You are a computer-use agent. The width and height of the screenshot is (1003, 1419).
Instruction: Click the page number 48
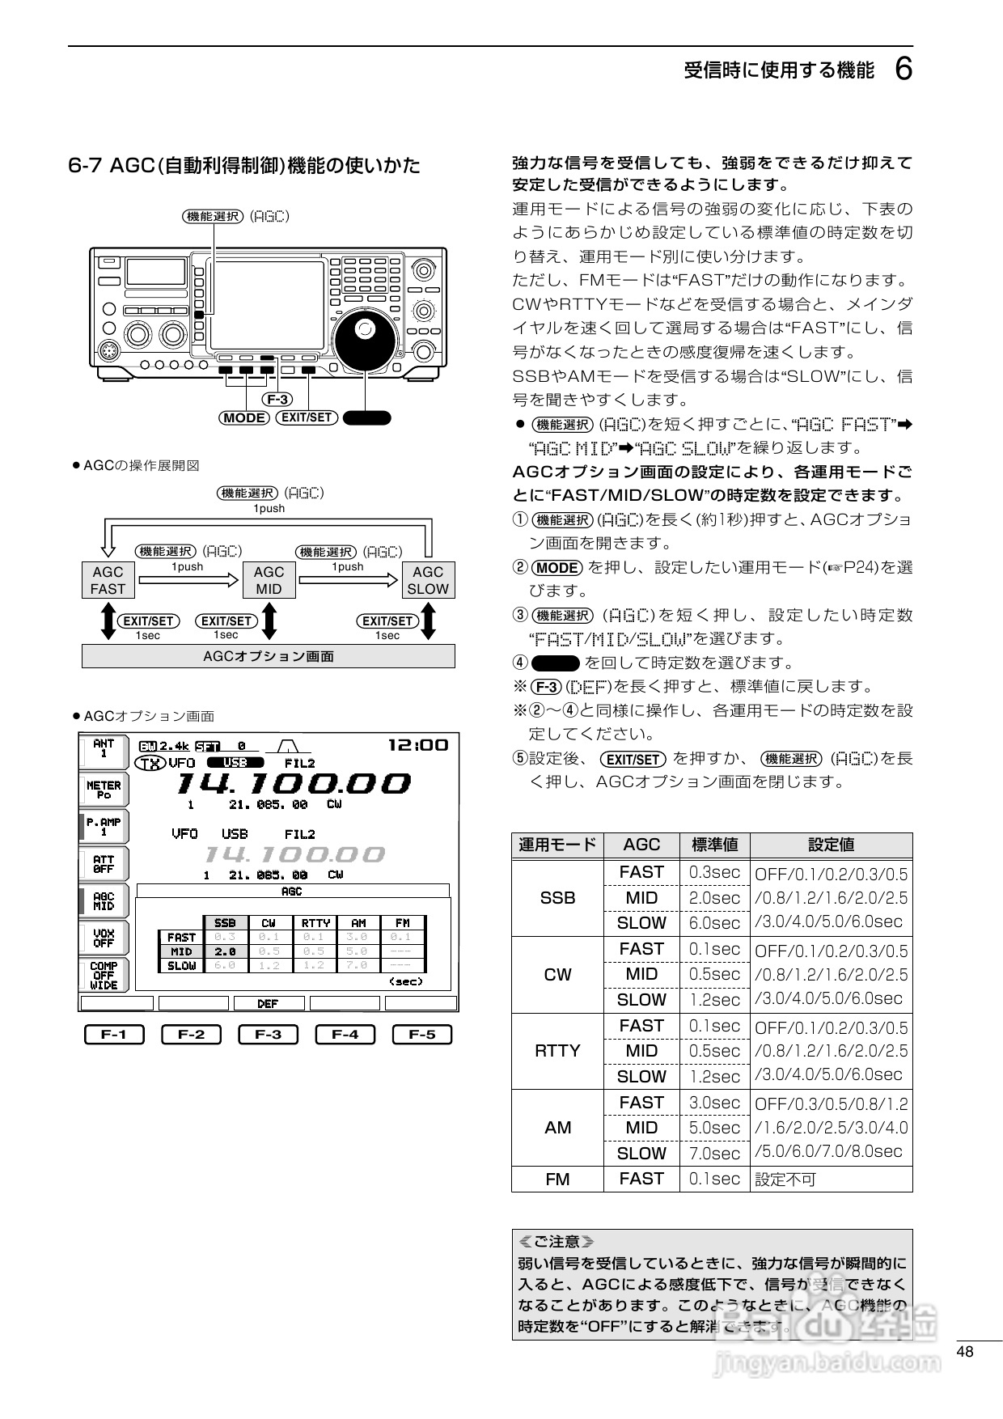pyautogui.click(x=964, y=1352)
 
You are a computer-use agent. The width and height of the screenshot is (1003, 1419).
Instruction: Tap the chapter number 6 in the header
pyautogui.click(x=904, y=70)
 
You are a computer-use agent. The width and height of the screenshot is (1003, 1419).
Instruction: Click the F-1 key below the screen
pyautogui.click(x=114, y=1035)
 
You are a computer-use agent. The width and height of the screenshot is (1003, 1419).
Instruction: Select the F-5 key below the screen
pyautogui.click(x=421, y=1035)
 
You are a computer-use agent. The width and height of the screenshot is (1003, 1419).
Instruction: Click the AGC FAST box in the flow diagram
pyautogui.click(x=108, y=580)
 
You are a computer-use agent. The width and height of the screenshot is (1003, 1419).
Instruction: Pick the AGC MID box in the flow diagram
pyautogui.click(x=269, y=580)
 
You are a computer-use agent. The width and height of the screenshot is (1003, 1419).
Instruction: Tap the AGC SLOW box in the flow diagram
pyautogui.click(x=428, y=580)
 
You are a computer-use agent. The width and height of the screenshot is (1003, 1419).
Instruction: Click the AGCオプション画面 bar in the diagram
pyautogui.click(x=268, y=656)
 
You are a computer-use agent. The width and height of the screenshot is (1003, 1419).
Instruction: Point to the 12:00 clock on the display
pyautogui.click(x=417, y=745)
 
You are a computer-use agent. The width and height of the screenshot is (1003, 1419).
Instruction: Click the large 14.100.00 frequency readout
pyautogui.click(x=293, y=783)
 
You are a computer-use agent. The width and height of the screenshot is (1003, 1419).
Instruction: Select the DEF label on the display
pyautogui.click(x=268, y=1003)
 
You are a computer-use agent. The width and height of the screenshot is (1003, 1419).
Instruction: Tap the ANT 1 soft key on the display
pyautogui.click(x=104, y=748)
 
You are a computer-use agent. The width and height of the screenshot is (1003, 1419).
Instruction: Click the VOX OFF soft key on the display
pyautogui.click(x=104, y=938)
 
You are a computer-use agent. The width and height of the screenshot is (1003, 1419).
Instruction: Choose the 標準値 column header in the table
pyautogui.click(x=714, y=845)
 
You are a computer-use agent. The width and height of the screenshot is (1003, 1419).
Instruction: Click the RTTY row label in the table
pyautogui.click(x=557, y=1051)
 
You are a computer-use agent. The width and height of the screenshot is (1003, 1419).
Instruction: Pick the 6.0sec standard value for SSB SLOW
pyautogui.click(x=714, y=923)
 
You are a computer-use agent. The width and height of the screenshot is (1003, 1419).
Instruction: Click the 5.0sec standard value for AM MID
pyautogui.click(x=714, y=1128)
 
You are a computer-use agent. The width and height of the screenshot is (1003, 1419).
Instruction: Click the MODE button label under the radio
pyautogui.click(x=244, y=417)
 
